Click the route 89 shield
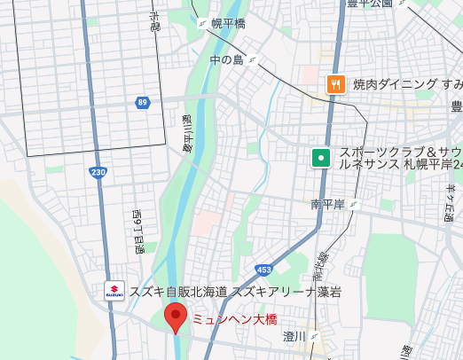pyautogui.click(x=143, y=104)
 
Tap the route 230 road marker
pyautogui.click(x=98, y=172)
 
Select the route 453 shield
pyautogui.click(x=264, y=244)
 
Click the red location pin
pyautogui.click(x=176, y=317)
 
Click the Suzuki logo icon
pyautogui.click(x=114, y=292)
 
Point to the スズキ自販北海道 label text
pyautogui.click(x=178, y=292)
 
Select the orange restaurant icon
pyautogui.click(x=335, y=84)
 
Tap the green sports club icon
pyautogui.click(x=320, y=158)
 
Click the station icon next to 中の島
pyautogui.click(x=253, y=60)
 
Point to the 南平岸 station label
pyautogui.click(x=327, y=205)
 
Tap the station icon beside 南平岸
pyautogui.click(x=355, y=205)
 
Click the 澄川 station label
pyautogui.click(x=294, y=336)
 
